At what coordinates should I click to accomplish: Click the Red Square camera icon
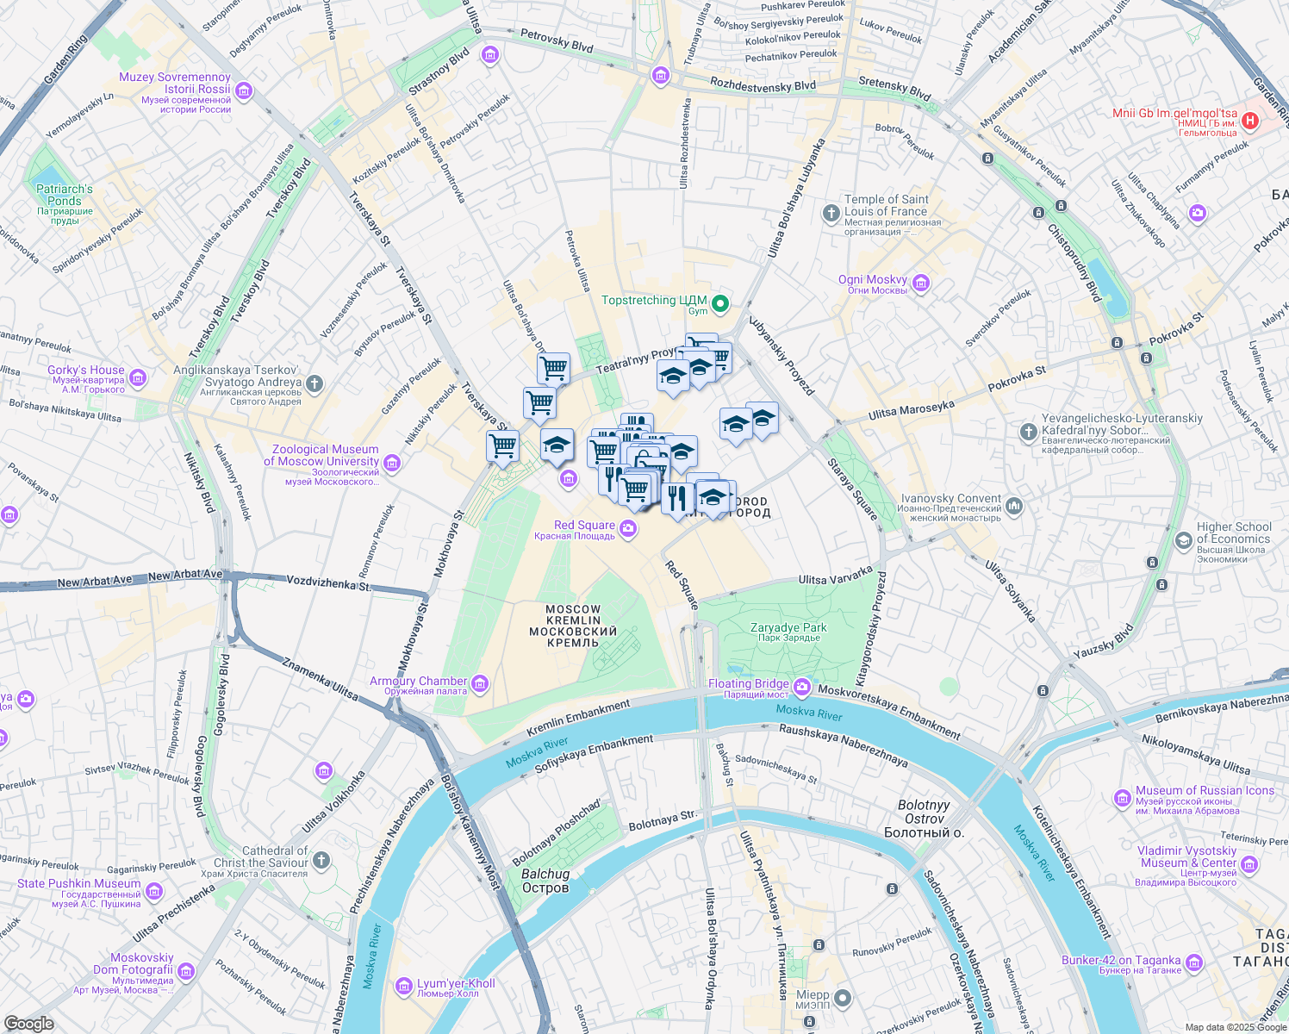click(628, 528)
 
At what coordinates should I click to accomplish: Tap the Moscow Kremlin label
click(573, 626)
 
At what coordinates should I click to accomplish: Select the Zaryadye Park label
click(788, 632)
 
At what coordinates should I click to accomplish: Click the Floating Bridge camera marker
click(802, 687)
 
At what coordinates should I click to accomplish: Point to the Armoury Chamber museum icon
click(480, 684)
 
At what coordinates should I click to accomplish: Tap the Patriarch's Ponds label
click(65, 196)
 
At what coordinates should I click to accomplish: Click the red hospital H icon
click(1249, 121)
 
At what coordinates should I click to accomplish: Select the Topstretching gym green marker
click(719, 303)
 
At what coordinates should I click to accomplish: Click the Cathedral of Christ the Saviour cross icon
click(321, 860)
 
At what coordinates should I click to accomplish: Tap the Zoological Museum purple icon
click(392, 464)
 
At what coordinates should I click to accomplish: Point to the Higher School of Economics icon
click(1184, 540)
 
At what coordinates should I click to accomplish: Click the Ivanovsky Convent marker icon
click(1014, 506)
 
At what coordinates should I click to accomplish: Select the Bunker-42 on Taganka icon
click(1194, 962)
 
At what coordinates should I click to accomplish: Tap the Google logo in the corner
click(28, 1023)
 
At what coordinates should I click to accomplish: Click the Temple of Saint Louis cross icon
click(831, 212)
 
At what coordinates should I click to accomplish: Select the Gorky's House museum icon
click(138, 377)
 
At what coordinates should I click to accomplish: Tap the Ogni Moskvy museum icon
click(921, 283)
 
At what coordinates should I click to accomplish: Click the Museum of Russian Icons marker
click(1122, 798)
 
